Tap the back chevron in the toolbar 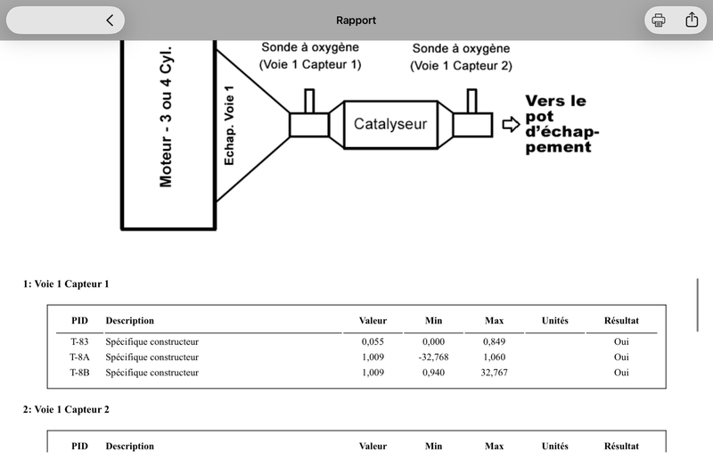tap(110, 20)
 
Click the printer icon tap(659, 20)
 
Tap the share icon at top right tap(692, 20)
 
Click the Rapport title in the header tap(356, 21)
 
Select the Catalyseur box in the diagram tap(390, 124)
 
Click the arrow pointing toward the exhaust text tap(511, 124)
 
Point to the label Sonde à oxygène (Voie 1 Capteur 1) tap(310, 56)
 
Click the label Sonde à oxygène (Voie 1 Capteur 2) tap(461, 57)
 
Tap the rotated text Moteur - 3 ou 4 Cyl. tap(166, 117)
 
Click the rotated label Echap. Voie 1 tap(229, 125)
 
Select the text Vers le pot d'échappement tap(562, 124)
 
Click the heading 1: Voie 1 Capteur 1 tap(66, 284)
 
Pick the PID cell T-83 tap(79, 341)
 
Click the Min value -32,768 tap(433, 357)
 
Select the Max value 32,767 tap(495, 373)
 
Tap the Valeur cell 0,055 tap(373, 341)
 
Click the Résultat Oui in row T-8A tap(621, 357)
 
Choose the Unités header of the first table tap(554, 321)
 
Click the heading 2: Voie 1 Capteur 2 tap(66, 410)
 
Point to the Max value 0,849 tap(495, 341)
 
